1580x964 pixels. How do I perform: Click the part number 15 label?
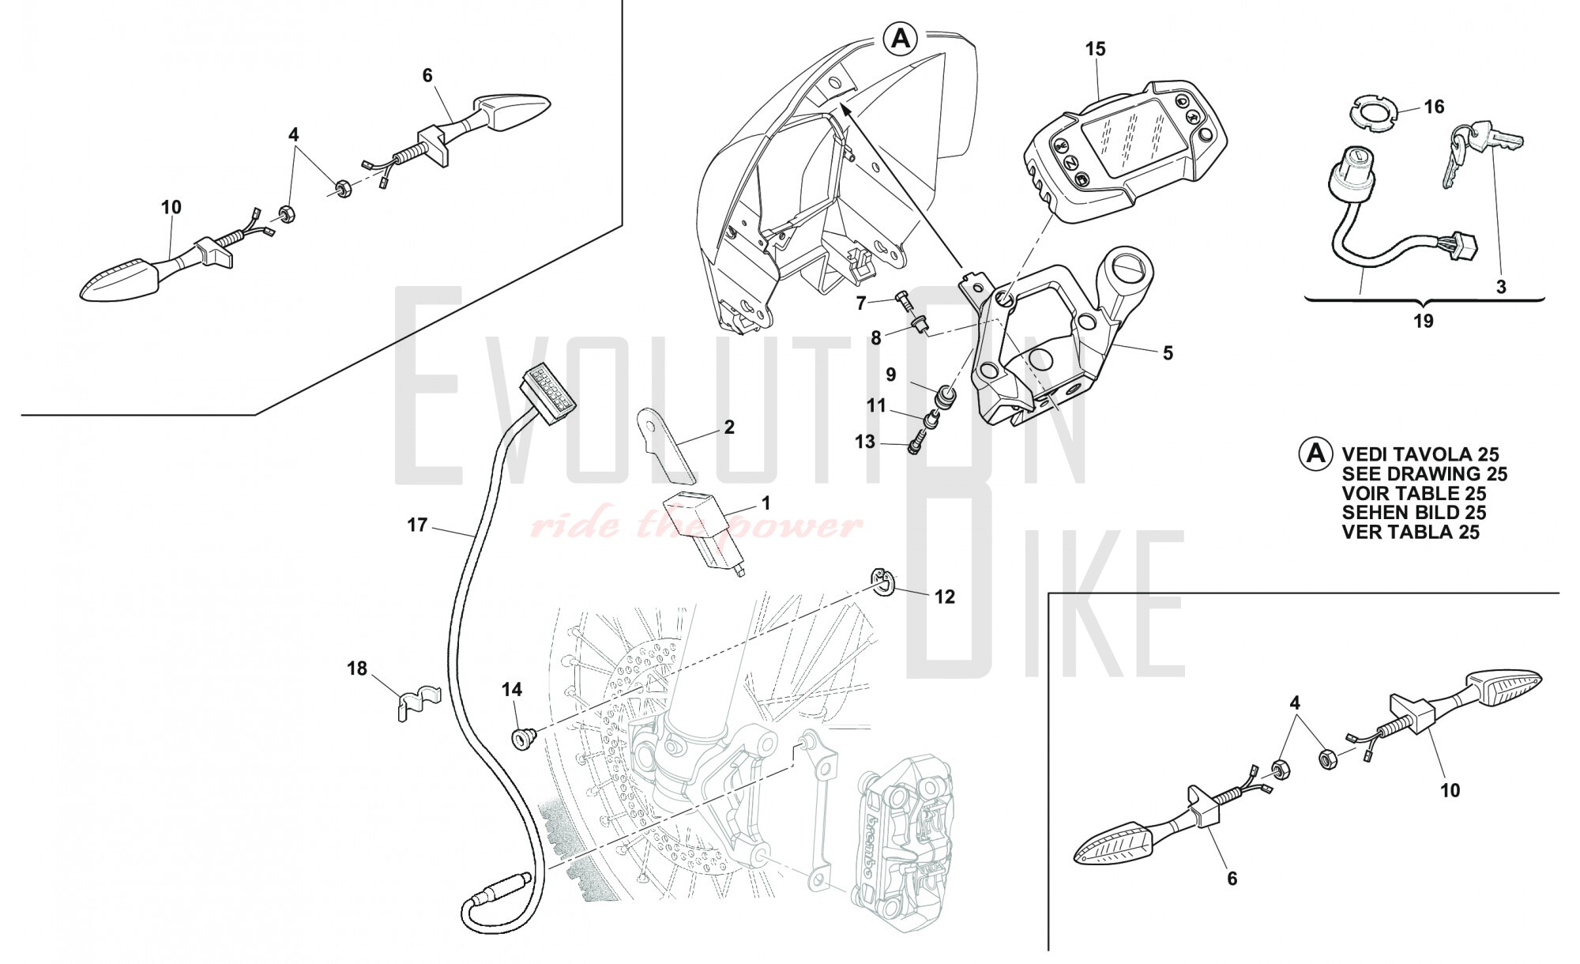click(1095, 49)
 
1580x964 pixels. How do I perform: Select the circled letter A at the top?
click(901, 37)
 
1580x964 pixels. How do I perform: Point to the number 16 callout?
click(1434, 107)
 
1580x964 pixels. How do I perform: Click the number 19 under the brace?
click(1423, 321)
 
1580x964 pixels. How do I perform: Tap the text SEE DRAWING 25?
click(1424, 474)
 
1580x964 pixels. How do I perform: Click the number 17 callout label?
click(417, 525)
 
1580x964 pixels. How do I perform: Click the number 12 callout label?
click(945, 597)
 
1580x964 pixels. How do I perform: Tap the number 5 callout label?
click(1168, 352)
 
